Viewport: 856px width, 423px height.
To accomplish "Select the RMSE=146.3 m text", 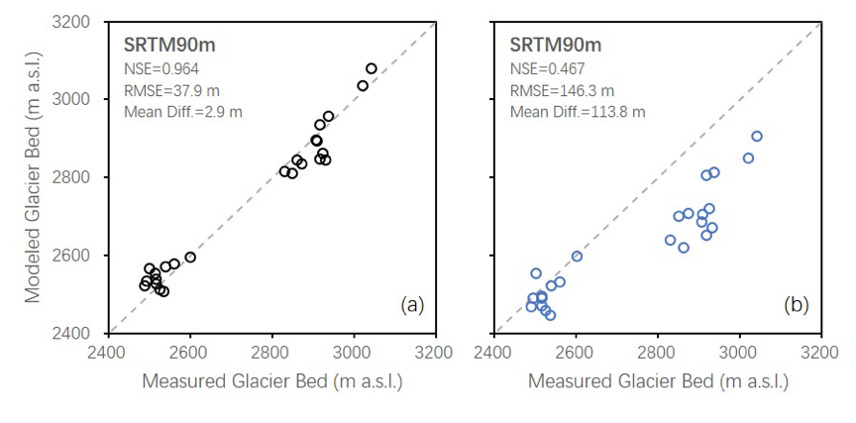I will click(560, 90).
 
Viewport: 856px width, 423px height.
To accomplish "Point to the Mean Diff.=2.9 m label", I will click(182, 111).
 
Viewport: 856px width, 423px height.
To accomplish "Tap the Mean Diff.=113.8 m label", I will click(577, 111).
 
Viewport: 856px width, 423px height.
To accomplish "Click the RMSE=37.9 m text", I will click(169, 90).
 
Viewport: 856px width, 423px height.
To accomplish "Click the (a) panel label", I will click(412, 305).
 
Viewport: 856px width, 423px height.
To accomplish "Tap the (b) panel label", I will click(796, 305).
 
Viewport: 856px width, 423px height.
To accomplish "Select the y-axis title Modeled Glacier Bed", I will click(32, 177).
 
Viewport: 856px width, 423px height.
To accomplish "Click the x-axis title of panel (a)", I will click(271, 380).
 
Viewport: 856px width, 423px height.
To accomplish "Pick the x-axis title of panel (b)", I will click(658, 380).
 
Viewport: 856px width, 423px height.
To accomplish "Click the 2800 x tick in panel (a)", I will click(271, 352).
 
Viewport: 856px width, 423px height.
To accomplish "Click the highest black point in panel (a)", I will click(372, 68).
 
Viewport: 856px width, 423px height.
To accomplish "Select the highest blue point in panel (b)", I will click(757, 137).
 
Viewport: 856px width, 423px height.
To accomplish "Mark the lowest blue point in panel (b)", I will click(550, 315).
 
